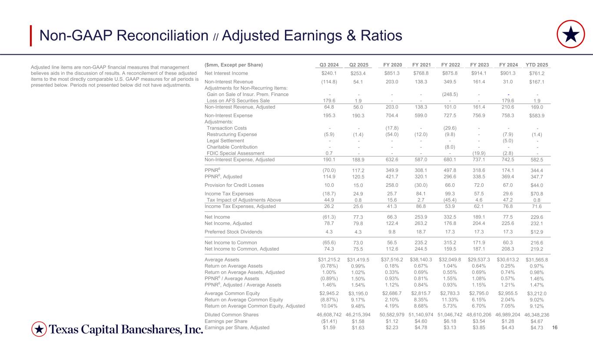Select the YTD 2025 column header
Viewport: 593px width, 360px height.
click(537, 65)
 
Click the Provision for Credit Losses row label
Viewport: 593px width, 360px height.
click(233, 185)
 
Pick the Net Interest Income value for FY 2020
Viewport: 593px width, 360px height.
click(391, 73)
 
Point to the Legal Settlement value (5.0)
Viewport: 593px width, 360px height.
click(507, 141)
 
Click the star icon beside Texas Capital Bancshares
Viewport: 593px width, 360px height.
click(39, 330)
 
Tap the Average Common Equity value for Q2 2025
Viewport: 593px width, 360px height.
click(358, 294)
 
